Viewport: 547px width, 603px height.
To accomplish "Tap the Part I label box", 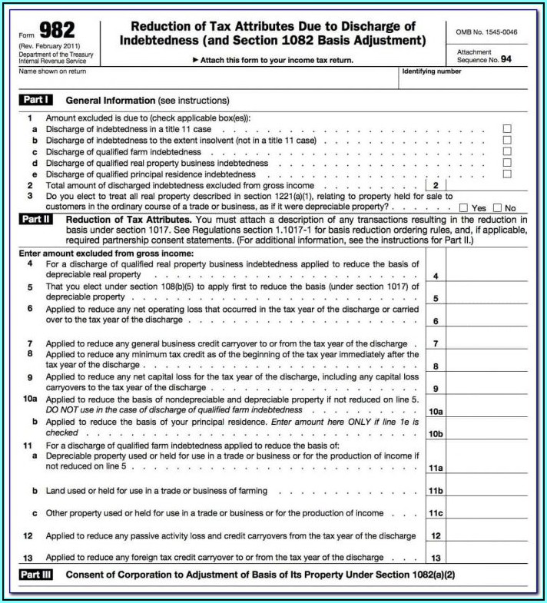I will point(35,101).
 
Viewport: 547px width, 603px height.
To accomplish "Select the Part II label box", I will point(35,220).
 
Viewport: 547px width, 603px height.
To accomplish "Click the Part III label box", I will point(35,575).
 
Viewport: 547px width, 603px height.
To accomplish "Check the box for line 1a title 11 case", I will point(506,129).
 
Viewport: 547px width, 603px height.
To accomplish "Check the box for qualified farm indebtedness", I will point(506,151).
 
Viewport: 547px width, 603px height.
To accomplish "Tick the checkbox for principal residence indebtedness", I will point(506,174).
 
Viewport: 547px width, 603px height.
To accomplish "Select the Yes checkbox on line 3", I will point(463,207).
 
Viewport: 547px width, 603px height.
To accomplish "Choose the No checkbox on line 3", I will point(497,207).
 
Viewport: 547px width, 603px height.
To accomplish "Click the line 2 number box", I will point(435,185).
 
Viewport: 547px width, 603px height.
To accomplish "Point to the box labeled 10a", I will point(435,411).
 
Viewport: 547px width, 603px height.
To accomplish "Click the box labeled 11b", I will point(435,490).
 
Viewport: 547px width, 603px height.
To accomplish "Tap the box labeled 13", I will point(435,558).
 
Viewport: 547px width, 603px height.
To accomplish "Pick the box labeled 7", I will point(435,343).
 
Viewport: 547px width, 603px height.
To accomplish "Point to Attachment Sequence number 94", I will point(506,59).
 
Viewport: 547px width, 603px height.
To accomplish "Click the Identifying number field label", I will point(432,71).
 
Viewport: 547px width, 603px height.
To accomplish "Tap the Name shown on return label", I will point(52,71).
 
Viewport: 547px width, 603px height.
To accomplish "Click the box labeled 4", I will point(435,275).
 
